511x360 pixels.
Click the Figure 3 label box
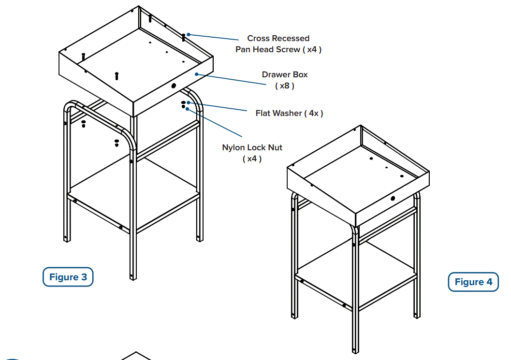(x=68, y=277)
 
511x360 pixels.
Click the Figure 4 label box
(x=473, y=282)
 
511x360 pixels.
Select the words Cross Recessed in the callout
(x=278, y=38)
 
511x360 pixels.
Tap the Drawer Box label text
(x=284, y=74)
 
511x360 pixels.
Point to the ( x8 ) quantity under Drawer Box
(x=284, y=86)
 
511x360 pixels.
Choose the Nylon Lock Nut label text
(x=252, y=147)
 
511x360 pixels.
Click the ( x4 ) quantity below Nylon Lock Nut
(x=252, y=158)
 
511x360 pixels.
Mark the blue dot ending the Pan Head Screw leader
(x=189, y=34)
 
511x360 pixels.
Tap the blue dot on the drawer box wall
(x=196, y=74)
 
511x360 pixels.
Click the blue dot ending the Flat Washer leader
(x=189, y=102)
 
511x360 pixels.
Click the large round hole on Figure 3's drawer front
(x=174, y=86)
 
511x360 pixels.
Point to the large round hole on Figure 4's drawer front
(x=393, y=198)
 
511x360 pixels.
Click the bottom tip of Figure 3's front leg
(x=132, y=278)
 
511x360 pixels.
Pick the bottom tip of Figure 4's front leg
(x=355, y=350)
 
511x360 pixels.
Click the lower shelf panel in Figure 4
(x=357, y=268)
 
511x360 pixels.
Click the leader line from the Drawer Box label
(x=232, y=79)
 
